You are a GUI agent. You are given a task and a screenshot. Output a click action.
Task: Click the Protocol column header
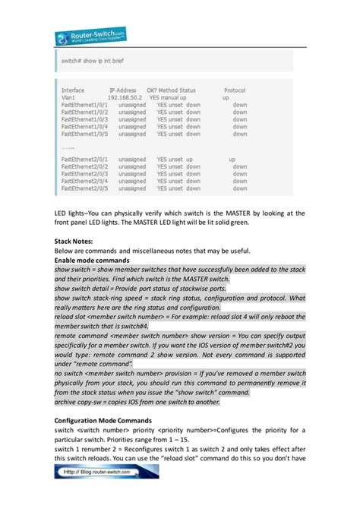[x=240, y=90]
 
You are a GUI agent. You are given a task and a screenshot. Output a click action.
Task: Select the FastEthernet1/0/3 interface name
[x=85, y=119]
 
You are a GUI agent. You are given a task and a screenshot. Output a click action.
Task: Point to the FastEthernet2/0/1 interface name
[x=85, y=160]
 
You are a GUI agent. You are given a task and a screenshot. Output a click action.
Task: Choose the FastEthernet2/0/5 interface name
[x=85, y=188]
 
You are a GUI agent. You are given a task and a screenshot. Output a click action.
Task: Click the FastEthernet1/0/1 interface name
[x=85, y=105]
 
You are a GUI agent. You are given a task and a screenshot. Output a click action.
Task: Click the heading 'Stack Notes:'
[x=78, y=241]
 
